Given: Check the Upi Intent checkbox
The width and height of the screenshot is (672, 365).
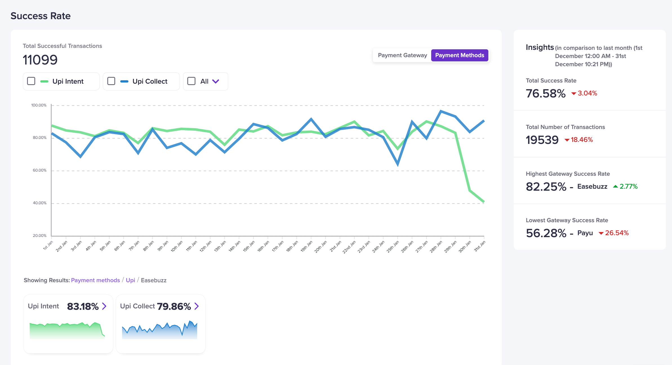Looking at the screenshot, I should (31, 81).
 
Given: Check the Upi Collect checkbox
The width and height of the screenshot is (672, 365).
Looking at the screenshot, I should (111, 81).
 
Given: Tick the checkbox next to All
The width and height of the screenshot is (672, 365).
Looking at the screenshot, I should (192, 81).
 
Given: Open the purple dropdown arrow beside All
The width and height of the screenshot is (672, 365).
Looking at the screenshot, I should (216, 81).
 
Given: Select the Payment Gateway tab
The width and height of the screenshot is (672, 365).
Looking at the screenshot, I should (402, 55).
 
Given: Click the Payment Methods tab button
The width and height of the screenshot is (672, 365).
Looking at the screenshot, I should (460, 55).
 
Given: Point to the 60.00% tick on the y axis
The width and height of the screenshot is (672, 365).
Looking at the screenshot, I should (40, 170).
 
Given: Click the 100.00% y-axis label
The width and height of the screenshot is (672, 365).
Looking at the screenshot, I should (39, 105).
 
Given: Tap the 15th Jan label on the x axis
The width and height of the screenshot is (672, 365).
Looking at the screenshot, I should (249, 246).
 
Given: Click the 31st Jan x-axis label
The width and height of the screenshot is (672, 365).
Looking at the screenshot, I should (480, 246).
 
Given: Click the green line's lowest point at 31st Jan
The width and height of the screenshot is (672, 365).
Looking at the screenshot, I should (484, 202).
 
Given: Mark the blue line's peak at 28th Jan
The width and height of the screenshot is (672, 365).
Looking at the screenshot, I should (441, 111).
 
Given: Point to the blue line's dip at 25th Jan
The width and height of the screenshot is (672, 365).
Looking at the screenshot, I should (398, 164).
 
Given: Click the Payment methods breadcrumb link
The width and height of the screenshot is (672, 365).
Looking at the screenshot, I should (95, 280).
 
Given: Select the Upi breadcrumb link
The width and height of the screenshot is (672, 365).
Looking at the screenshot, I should (130, 280).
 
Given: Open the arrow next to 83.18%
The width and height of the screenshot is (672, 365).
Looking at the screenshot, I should (104, 306).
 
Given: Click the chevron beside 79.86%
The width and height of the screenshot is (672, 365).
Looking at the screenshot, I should (197, 306).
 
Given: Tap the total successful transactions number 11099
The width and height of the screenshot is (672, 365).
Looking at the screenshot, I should (40, 60).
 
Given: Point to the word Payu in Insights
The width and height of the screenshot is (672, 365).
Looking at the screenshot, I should (585, 233).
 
